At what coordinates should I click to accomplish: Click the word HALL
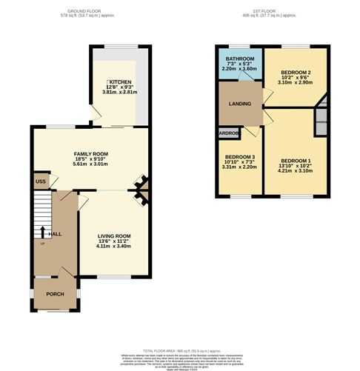55,233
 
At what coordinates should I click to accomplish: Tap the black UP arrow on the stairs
42,232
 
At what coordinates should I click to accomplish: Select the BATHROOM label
240,59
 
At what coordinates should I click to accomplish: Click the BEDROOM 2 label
294,73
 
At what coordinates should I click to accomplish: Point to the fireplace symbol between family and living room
140,190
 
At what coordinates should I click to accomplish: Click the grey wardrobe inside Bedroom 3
227,133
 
